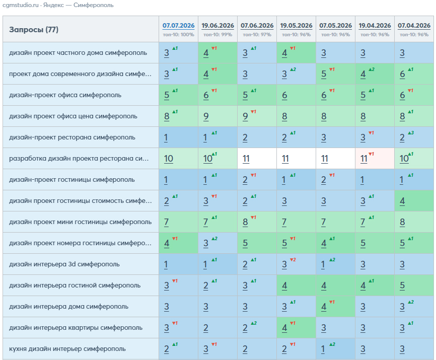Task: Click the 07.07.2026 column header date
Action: (x=179, y=26)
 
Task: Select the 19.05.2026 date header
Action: (x=296, y=26)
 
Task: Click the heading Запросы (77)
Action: (x=34, y=30)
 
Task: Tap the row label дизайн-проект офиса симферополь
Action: (x=65, y=95)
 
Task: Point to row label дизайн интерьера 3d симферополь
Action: (x=64, y=264)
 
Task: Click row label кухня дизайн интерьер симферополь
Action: (x=67, y=349)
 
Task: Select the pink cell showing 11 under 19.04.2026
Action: (x=375, y=159)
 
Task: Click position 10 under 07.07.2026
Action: (x=169, y=159)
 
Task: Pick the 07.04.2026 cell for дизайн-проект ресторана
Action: (x=414, y=137)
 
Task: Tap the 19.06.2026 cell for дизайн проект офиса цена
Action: (x=217, y=116)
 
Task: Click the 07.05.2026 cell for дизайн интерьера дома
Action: (x=335, y=306)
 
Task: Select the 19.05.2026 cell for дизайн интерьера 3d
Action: (x=296, y=264)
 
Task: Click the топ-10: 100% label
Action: (x=179, y=35)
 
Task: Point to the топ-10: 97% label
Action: (x=257, y=35)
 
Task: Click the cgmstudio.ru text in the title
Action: (x=21, y=5)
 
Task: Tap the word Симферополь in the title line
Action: (x=94, y=5)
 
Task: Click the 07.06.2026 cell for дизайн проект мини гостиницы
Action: (x=257, y=222)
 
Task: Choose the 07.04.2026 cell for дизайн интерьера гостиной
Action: (x=414, y=285)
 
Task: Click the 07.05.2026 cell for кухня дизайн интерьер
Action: (x=335, y=349)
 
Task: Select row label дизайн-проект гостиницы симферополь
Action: (x=71, y=180)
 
